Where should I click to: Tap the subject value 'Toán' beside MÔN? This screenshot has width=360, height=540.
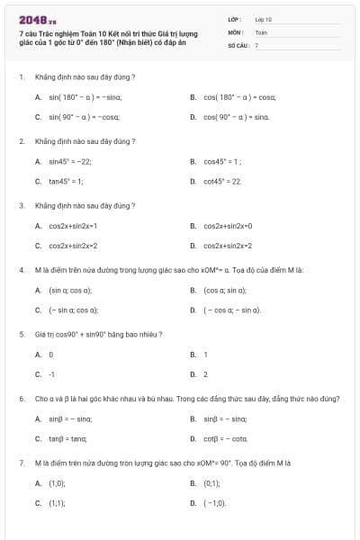(x=261, y=31)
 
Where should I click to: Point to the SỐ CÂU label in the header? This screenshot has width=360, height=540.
(x=238, y=44)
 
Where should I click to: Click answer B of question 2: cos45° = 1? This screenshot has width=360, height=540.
(x=223, y=161)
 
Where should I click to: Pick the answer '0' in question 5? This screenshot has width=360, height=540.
(x=51, y=355)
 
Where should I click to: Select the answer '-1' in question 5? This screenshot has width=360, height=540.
(x=52, y=374)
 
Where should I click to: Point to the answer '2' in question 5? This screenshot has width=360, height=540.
(x=205, y=374)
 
